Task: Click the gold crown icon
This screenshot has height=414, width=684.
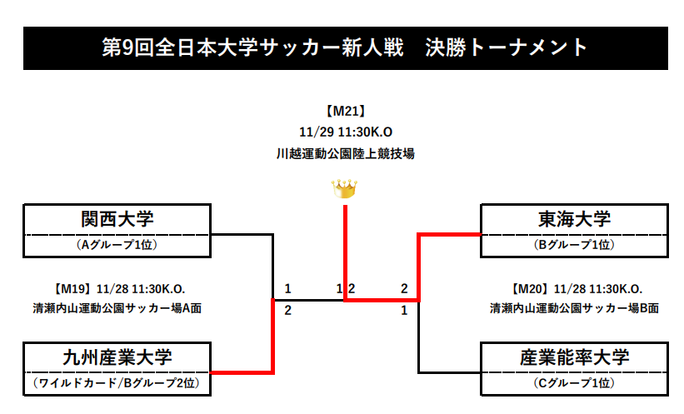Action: [x=344, y=189]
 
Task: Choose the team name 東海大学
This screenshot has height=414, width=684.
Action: [x=574, y=219]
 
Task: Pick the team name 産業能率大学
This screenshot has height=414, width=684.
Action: [x=574, y=357]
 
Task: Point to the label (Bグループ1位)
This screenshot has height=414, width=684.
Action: [x=574, y=246]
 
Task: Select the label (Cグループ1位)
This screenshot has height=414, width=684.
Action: [x=574, y=384]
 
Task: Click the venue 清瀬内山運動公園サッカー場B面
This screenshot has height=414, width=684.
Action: [x=574, y=308]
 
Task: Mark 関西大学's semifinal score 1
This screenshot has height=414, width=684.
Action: [x=287, y=289]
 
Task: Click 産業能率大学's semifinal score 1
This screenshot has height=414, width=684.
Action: [x=404, y=311]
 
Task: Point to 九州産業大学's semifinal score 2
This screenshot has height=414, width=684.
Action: [x=287, y=311]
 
